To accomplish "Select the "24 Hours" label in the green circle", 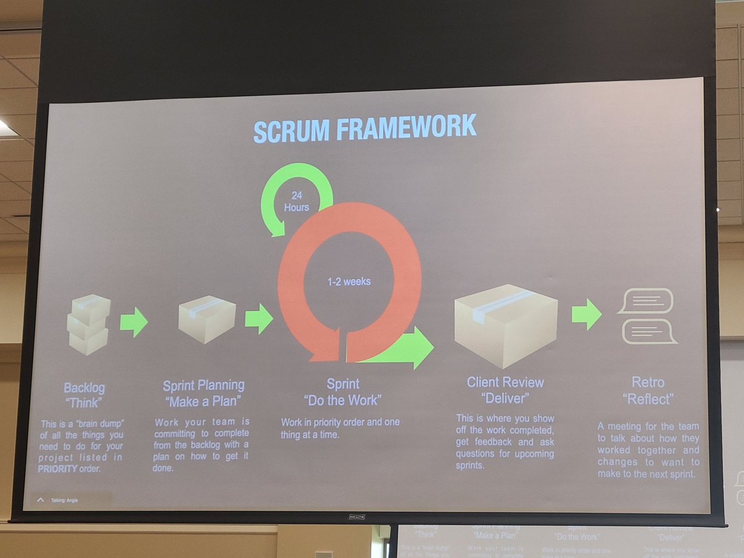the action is [x=296, y=201].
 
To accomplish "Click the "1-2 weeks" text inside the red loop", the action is [x=349, y=281].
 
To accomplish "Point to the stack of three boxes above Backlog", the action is [x=89, y=324].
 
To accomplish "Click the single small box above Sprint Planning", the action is [x=206, y=319].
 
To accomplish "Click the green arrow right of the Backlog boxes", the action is [x=134, y=322].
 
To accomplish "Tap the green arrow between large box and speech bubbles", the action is [x=587, y=314].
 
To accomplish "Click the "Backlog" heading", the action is [x=84, y=389].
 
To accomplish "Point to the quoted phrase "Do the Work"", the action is [x=342, y=401].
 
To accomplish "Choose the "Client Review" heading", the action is [x=505, y=383].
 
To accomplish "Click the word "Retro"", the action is [x=647, y=383].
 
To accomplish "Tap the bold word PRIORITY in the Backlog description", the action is [x=58, y=469].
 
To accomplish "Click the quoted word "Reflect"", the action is [x=648, y=399].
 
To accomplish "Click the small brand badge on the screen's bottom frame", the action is [x=356, y=516].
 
